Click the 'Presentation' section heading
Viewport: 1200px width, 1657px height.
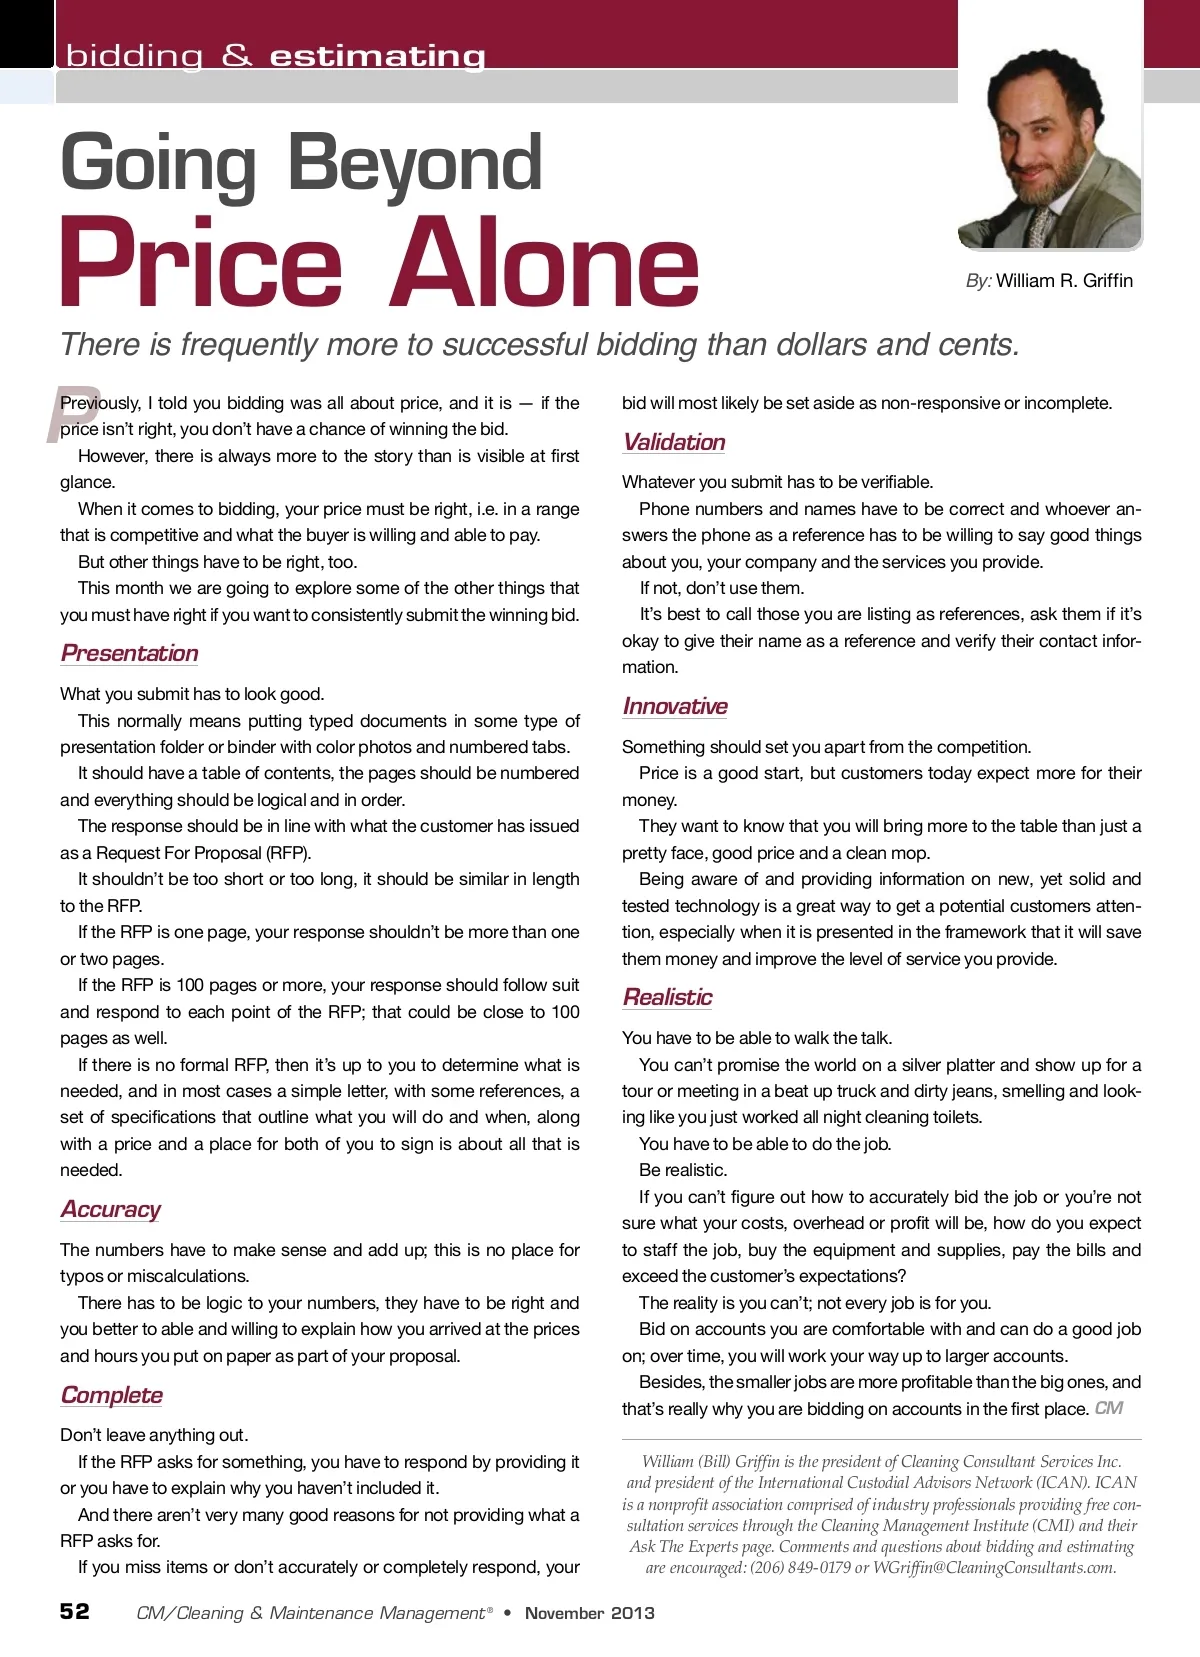tap(130, 653)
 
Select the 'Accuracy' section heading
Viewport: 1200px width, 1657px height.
tap(111, 1209)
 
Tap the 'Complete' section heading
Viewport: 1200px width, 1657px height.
tap(112, 1395)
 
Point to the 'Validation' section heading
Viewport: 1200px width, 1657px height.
tap(674, 442)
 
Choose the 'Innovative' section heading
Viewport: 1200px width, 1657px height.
tap(675, 706)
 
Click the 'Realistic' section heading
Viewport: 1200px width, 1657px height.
tap(668, 997)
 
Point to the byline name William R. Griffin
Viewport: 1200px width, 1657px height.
tap(1064, 281)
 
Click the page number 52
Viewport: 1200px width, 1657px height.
tap(75, 1611)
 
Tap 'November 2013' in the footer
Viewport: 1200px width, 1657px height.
tap(590, 1613)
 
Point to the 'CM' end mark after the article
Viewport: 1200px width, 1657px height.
tap(1109, 1408)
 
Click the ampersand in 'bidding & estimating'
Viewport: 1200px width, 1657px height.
tap(237, 56)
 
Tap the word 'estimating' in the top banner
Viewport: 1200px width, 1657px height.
tap(378, 56)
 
